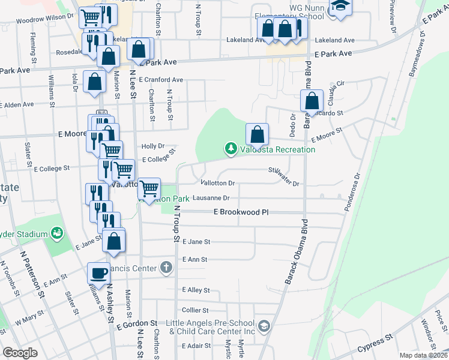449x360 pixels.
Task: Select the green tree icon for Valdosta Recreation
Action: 230,148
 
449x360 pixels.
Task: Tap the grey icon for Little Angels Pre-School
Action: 265,326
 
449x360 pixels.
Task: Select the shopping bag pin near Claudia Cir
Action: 312,101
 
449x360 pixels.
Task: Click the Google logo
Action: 20,353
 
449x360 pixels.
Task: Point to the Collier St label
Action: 195,310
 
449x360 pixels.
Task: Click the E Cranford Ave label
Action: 161,79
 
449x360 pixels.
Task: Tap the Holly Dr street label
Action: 152,146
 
